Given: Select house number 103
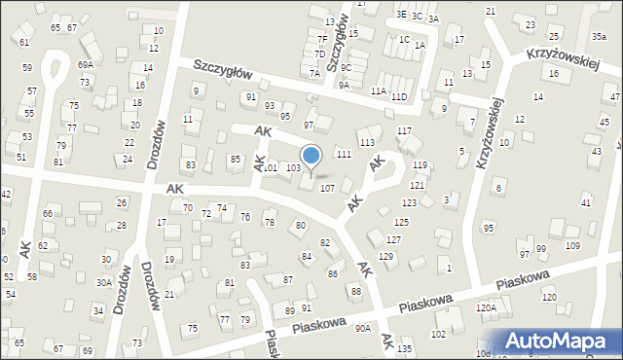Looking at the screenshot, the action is (x=293, y=168).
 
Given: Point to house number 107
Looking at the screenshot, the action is (x=328, y=188).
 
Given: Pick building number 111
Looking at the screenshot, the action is (x=343, y=155).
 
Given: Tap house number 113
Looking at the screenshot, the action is (x=367, y=142).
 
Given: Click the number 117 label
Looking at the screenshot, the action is (x=405, y=130).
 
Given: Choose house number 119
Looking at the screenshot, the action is (x=420, y=165).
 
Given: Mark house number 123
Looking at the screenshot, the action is (x=410, y=202).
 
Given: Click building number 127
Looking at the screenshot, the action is (x=394, y=239).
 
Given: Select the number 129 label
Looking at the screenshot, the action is (x=386, y=256).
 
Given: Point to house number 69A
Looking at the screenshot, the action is (x=86, y=64).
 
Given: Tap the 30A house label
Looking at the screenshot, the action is (x=103, y=283).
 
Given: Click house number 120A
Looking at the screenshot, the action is (x=486, y=307).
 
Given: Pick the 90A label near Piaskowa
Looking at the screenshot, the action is (x=363, y=329).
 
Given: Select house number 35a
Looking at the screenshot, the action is (x=599, y=36).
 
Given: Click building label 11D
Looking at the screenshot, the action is (x=399, y=97).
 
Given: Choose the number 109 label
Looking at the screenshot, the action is (x=572, y=245).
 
